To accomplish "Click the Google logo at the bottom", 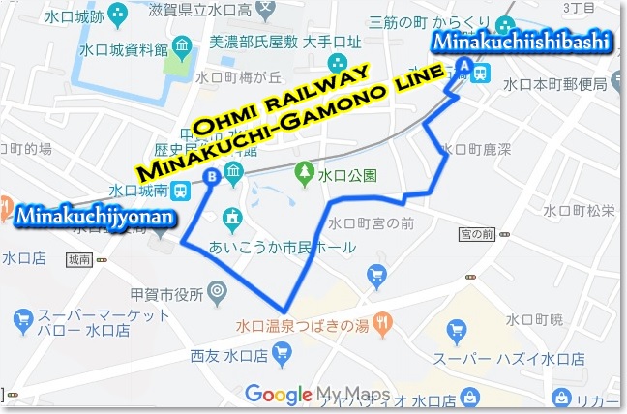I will [278, 394].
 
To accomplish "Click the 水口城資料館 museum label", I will [124, 49].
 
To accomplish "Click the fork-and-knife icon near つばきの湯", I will [384, 321].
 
